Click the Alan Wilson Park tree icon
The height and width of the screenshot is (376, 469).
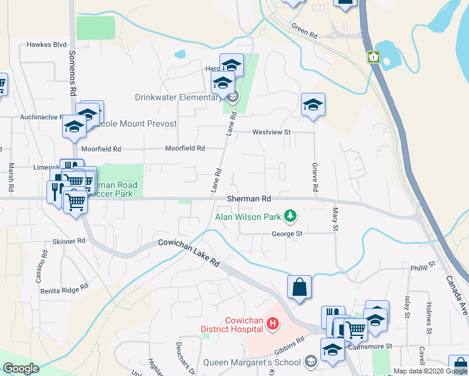click(290, 217)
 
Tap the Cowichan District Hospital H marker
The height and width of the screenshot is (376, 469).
click(273, 324)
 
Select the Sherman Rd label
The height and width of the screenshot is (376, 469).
click(249, 199)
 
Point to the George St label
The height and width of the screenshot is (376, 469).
click(287, 234)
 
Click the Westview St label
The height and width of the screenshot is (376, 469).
click(272, 132)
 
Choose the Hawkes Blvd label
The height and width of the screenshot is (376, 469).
click(46, 45)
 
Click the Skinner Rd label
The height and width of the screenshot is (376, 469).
click(69, 241)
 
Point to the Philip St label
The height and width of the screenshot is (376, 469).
click(423, 266)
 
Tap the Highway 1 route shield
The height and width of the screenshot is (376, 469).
click(374, 57)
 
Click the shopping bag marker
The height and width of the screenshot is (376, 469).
click(300, 288)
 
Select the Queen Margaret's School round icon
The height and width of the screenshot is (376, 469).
click(310, 361)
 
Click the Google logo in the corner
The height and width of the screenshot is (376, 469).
click(21, 368)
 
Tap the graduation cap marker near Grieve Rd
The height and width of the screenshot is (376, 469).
click(313, 105)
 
